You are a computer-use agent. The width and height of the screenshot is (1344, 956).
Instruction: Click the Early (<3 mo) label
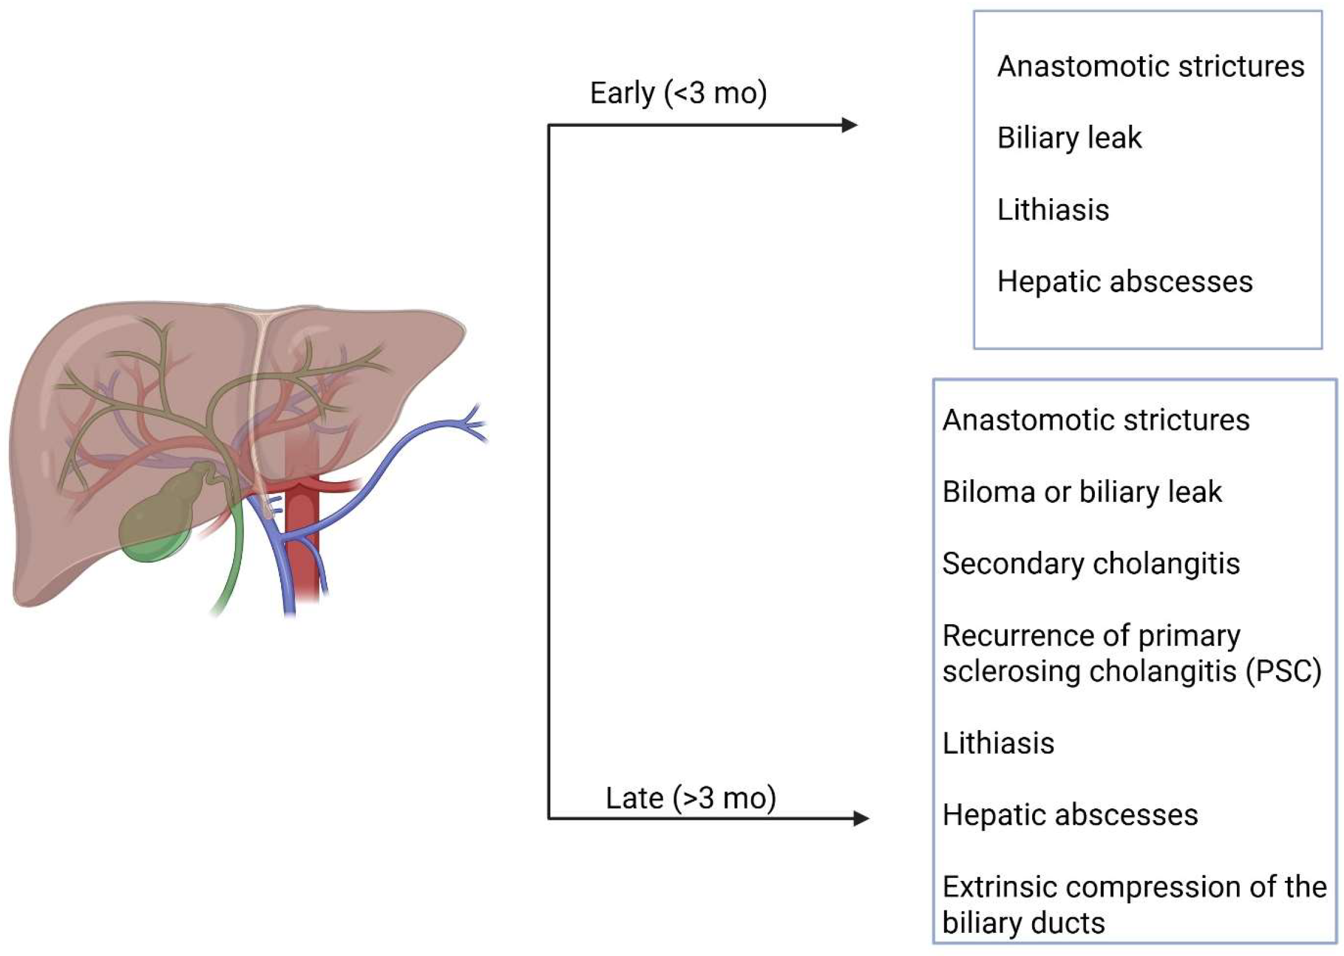[678, 93]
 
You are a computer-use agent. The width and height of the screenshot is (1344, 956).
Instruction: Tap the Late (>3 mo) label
[691, 798]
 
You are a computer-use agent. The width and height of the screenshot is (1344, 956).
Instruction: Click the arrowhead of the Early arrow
[850, 125]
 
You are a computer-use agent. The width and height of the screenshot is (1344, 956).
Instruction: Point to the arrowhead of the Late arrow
[861, 818]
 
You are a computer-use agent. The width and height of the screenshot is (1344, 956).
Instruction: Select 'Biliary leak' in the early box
[1069, 138]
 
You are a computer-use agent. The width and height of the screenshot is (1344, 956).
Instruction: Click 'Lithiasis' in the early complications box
[1053, 209]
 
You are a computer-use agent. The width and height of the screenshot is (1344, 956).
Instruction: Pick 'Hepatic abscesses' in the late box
[1070, 815]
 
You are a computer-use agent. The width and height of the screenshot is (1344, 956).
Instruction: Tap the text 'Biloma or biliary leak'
[1082, 492]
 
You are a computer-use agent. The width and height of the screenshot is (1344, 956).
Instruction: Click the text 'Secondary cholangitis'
[1091, 563]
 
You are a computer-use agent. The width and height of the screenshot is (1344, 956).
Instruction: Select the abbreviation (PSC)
[1283, 671]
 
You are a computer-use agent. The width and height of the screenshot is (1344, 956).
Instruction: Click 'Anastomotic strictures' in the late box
[1096, 420]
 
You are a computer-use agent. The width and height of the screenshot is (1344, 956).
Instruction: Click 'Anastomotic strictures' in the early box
[1150, 66]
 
